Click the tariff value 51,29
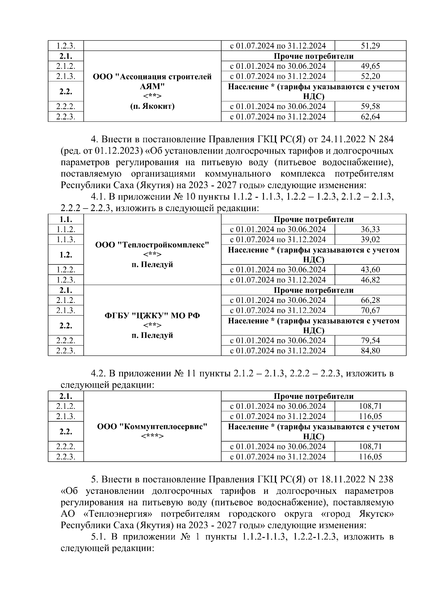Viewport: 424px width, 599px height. pyautogui.click(x=370, y=46)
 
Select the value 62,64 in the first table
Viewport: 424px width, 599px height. pyautogui.click(x=370, y=117)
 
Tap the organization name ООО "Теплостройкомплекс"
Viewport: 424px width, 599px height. pyautogui.click(x=152, y=245)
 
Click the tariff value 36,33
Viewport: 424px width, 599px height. pyautogui.click(x=370, y=229)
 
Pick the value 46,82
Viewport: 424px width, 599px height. pyautogui.click(x=370, y=280)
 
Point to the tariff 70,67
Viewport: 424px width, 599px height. pyautogui.click(x=370, y=310)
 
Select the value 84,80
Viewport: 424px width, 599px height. pyautogui.click(x=370, y=351)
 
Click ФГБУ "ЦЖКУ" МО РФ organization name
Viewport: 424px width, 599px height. pyautogui.click(x=152, y=315)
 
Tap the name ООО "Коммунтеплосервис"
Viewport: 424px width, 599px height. pyautogui.click(x=152, y=426)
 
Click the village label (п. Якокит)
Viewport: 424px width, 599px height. pyautogui.click(x=152, y=106)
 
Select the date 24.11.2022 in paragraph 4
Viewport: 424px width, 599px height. pyautogui.click(x=338, y=140)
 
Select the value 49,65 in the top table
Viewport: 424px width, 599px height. pyautogui.click(x=370, y=66)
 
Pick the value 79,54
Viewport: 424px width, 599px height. pyautogui.click(x=370, y=341)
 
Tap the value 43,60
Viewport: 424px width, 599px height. pyautogui.click(x=370, y=270)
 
